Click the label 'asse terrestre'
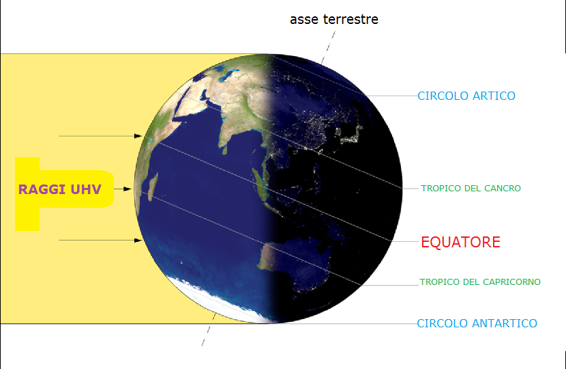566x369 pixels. [x=334, y=19]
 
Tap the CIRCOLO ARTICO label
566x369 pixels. [x=466, y=96]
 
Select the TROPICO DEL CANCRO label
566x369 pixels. [x=471, y=188]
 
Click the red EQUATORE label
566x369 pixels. [x=460, y=242]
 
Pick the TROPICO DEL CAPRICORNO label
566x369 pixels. [x=480, y=282]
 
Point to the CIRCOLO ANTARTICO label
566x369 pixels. [x=477, y=323]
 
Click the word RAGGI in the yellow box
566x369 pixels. [x=42, y=189]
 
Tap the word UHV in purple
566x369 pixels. [x=86, y=189]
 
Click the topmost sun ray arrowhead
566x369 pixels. [x=138, y=136]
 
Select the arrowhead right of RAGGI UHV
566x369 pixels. [x=127, y=189]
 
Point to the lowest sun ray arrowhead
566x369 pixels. [x=138, y=241]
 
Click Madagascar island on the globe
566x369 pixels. [x=153, y=186]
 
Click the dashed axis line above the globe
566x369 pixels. [x=328, y=48]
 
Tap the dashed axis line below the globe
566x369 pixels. [x=209, y=329]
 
